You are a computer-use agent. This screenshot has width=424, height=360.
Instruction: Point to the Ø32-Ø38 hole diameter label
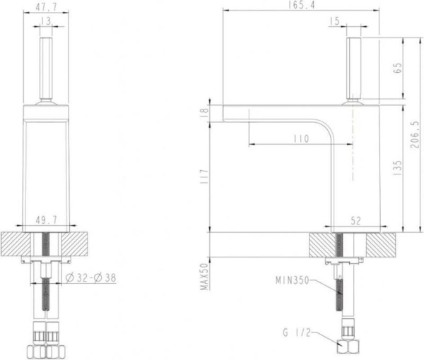click(x=90, y=277)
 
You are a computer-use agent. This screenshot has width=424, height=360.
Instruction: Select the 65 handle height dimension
click(x=398, y=69)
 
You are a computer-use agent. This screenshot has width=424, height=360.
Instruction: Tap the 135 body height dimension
click(x=398, y=167)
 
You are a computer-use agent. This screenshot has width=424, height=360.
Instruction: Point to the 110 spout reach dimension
click(x=300, y=140)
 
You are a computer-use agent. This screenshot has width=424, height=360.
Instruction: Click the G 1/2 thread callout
click(x=298, y=331)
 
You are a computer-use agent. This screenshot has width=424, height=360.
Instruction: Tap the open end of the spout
click(x=225, y=114)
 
